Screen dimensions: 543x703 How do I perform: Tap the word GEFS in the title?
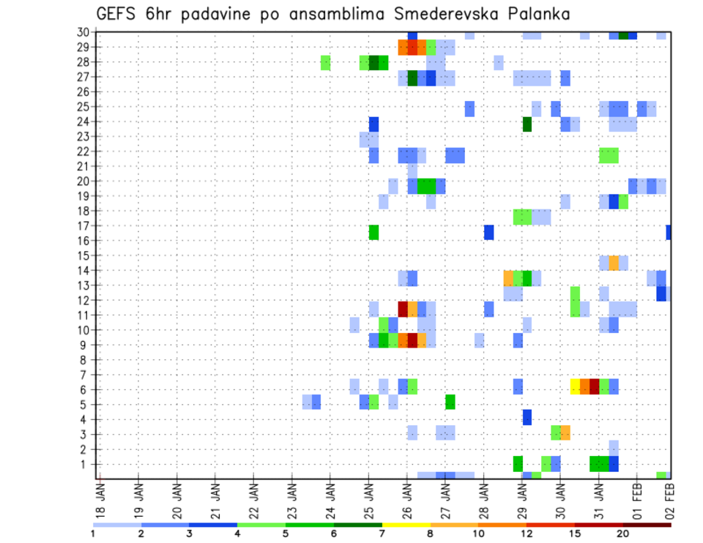[116, 14]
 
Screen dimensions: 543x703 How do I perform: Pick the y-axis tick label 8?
[86, 360]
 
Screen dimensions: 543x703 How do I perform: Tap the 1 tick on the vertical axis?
[86, 464]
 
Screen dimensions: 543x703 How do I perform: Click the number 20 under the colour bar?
[623, 533]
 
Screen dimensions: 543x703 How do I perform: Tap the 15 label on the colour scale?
[575, 533]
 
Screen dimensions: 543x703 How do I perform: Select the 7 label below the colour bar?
[382, 533]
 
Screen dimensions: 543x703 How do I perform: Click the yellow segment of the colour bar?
[406, 525]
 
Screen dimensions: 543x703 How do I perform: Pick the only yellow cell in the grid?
[575, 386]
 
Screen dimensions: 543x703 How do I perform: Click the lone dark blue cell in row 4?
[527, 417]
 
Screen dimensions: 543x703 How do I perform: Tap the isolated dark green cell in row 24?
[527, 124]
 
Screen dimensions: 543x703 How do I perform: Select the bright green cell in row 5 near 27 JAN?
[450, 402]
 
